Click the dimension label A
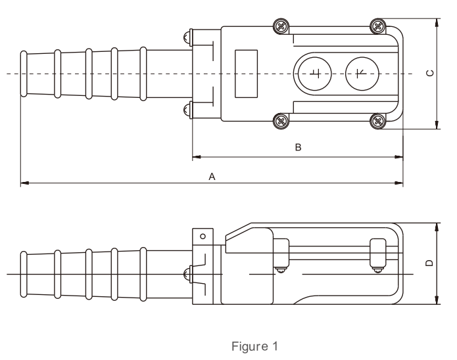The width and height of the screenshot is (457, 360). click(212, 177)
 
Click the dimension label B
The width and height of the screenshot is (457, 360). click(298, 147)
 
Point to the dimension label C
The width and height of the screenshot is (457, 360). click(430, 73)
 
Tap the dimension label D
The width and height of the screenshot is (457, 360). click(429, 263)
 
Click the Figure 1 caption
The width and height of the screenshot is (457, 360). click(254, 346)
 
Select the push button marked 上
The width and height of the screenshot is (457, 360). click(314, 74)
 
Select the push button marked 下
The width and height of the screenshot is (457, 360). click(362, 74)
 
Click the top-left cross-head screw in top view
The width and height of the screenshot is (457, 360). click(281, 27)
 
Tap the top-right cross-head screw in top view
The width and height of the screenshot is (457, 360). click(378, 26)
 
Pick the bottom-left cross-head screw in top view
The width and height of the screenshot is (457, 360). click(281, 121)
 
